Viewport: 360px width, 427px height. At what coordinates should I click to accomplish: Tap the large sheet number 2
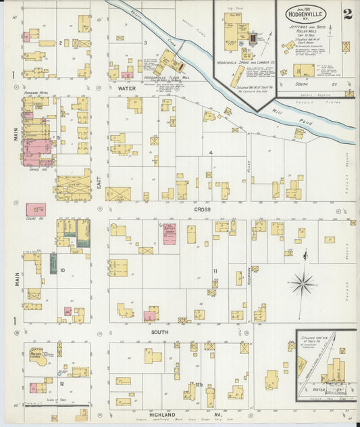click(346, 15)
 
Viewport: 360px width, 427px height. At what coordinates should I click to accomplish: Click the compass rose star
click(302, 282)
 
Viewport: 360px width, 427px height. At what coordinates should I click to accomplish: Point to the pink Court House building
click(36, 210)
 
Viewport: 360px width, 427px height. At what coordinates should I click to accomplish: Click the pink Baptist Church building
click(169, 234)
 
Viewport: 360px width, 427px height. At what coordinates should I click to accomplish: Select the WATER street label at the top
click(127, 88)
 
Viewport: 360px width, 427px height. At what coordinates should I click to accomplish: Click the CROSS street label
click(202, 210)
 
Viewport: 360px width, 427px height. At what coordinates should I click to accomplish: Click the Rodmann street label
click(249, 277)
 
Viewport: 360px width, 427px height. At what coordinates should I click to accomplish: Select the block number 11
click(215, 271)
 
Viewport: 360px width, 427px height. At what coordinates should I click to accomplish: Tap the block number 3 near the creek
click(145, 43)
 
